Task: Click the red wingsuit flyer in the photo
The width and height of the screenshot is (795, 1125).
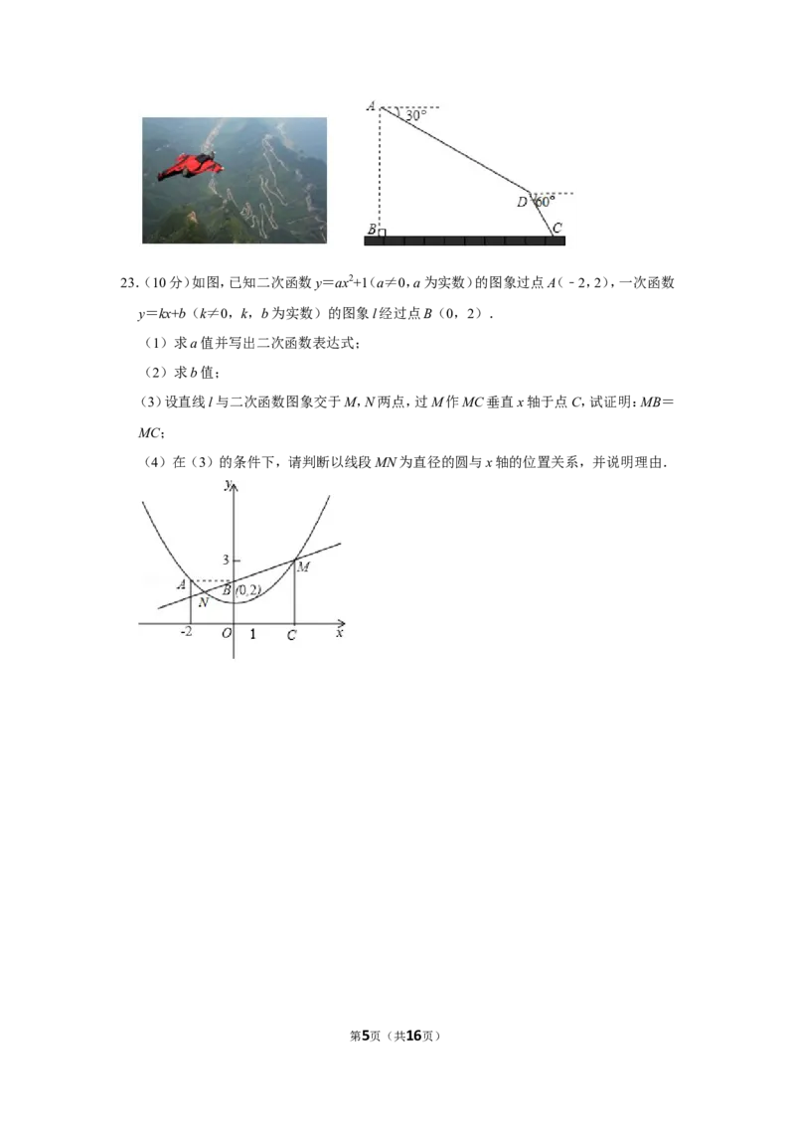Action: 190,166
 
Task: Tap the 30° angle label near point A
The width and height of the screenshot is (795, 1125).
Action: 415,115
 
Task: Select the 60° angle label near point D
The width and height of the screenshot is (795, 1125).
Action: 546,202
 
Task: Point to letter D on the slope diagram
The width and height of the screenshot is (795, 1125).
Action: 523,203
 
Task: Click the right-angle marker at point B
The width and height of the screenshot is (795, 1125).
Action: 382,233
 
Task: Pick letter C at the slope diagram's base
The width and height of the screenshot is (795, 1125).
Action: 557,228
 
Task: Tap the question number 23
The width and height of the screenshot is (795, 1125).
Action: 128,282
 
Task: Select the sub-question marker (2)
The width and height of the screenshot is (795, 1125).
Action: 156,373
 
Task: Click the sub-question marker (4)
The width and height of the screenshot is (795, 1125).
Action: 156,462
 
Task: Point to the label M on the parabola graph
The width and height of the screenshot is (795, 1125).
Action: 303,566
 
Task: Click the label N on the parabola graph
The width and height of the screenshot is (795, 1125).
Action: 203,602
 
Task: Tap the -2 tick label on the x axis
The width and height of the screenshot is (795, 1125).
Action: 186,631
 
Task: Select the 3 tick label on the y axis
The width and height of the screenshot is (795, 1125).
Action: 226,560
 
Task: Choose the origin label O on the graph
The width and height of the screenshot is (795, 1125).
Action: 227,633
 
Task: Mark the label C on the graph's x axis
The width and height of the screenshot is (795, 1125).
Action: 291,635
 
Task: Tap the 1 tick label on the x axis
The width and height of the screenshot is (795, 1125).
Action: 252,634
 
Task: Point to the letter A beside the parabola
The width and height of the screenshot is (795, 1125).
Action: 182,584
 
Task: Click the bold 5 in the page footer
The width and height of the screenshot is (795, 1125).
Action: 366,1036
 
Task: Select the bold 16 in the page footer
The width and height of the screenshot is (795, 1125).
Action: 414,1036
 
